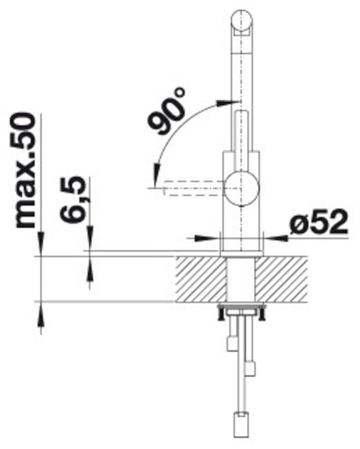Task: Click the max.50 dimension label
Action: click(26, 171)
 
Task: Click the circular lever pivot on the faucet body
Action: click(242, 188)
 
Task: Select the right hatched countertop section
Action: click(281, 279)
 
